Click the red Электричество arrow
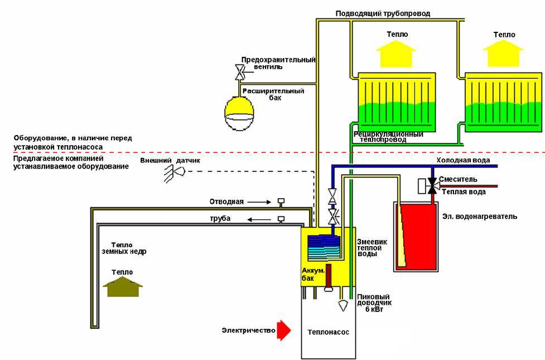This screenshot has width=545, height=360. coord(284,331)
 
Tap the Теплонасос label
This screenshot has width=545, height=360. coord(328,332)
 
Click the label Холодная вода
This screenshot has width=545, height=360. coord(462,161)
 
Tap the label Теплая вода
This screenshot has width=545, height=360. coord(464,192)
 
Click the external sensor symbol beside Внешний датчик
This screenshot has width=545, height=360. coord(170,174)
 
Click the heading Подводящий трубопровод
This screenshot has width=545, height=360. coord(383,13)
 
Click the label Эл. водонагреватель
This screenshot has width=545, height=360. coord(479,216)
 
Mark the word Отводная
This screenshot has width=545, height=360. coord(226,201)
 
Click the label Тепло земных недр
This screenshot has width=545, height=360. coord(124,248)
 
